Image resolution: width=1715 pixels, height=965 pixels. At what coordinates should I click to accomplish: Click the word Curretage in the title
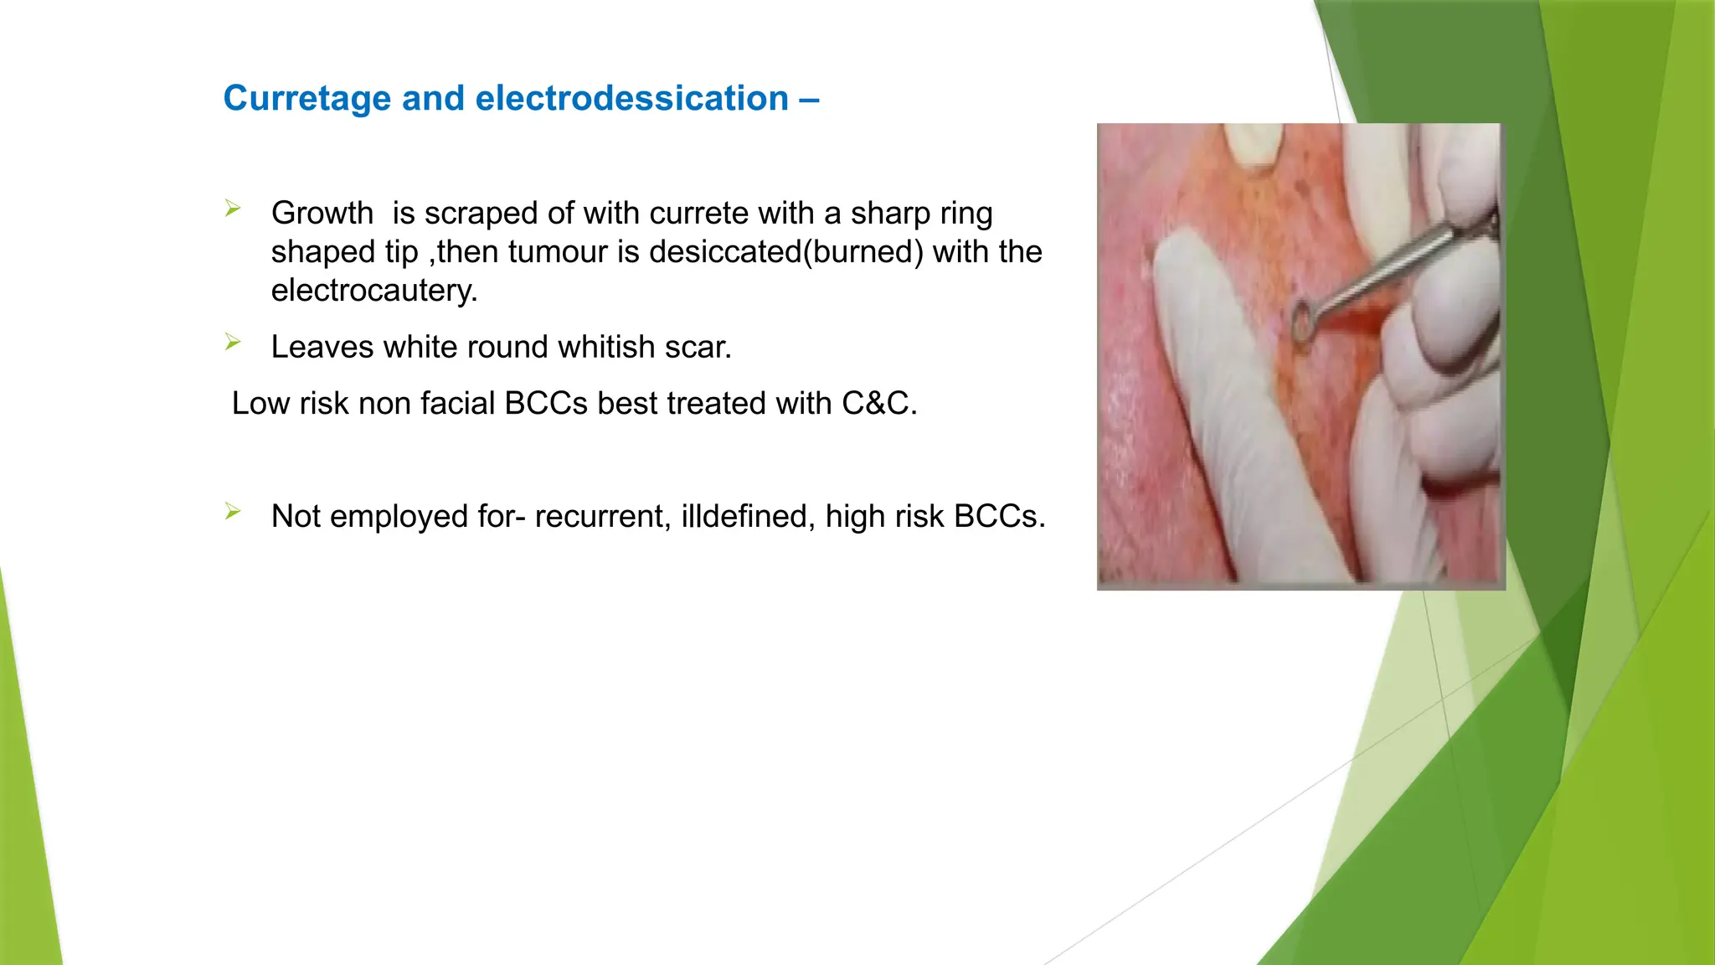coord(307,99)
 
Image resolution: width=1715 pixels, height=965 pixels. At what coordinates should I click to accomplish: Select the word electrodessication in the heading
coord(631,99)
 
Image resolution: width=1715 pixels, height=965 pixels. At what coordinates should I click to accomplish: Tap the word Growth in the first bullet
coord(322,213)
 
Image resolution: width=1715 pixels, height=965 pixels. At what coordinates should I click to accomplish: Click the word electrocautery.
coord(373,290)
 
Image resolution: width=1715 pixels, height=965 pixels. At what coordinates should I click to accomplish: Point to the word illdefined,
coord(748,516)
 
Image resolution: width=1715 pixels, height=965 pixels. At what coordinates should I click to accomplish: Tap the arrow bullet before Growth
coord(233,209)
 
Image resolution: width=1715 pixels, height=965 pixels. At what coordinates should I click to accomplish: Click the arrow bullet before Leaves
coord(233,342)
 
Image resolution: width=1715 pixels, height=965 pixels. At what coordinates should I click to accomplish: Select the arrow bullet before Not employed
coord(233,511)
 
